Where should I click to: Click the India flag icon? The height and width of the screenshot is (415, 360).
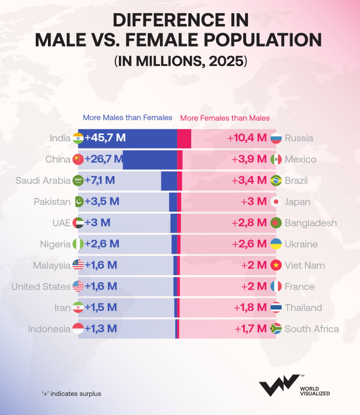[x=78, y=138]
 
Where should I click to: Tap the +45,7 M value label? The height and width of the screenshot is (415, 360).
[x=105, y=138]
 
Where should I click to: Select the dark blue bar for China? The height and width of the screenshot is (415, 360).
[x=149, y=159]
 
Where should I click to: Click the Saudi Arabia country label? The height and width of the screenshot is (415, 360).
[x=43, y=180]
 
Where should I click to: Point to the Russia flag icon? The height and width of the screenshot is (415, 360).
[x=276, y=138]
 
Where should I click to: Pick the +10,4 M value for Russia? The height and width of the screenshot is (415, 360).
[x=247, y=138]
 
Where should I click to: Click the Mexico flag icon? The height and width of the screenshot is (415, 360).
[x=276, y=159]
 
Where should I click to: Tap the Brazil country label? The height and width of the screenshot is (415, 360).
[x=296, y=180]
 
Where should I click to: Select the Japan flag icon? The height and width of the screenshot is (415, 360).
[x=276, y=202]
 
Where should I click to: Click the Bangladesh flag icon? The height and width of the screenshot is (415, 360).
[x=276, y=223]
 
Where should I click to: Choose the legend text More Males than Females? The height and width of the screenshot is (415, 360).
[x=128, y=117]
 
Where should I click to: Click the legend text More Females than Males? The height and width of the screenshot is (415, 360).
[x=225, y=118]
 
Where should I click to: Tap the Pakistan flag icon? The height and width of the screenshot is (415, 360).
[x=78, y=202]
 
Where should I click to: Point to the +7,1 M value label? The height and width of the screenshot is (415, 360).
[x=100, y=180]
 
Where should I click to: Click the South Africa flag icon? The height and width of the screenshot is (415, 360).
[x=276, y=329]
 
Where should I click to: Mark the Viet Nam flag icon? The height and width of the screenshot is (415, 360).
[x=276, y=265]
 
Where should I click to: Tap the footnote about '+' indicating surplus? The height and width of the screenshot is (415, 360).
[x=71, y=393]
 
